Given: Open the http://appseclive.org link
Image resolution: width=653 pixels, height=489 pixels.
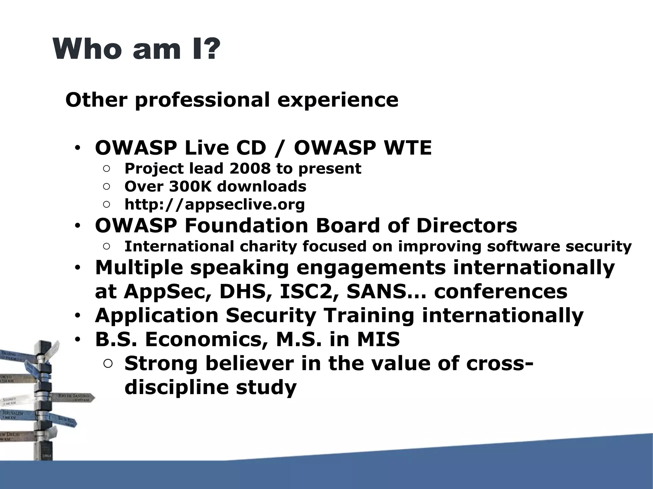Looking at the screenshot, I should point(215,205).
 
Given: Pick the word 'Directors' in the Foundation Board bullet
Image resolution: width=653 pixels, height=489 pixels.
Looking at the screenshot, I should point(466,226).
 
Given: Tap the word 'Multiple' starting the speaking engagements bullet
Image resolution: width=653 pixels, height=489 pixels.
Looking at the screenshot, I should point(139,267).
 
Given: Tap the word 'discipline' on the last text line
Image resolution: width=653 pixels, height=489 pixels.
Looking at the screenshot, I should point(177,387).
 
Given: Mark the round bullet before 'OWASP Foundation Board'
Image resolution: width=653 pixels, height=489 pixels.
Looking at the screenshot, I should point(77,226).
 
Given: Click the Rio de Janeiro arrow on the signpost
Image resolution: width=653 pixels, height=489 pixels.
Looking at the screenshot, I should point(75,397).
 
